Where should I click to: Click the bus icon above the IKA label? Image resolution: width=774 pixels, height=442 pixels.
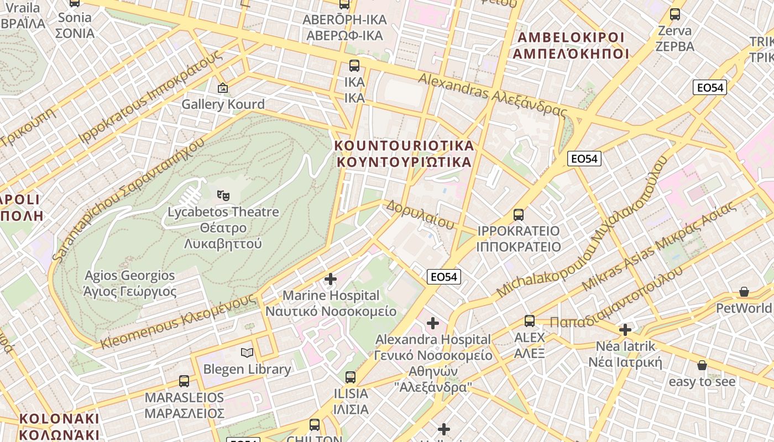click(354, 66)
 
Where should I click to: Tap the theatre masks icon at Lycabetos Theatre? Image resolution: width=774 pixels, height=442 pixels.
click(223, 194)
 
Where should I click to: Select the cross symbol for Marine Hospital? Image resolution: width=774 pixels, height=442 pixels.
click(331, 279)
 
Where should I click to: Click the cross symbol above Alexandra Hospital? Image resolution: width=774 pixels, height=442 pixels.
click(433, 323)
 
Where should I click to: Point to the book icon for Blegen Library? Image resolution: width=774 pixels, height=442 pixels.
click(247, 352)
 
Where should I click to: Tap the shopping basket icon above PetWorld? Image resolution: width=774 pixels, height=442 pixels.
click(744, 292)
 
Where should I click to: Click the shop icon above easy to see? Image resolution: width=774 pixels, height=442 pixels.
click(702, 365)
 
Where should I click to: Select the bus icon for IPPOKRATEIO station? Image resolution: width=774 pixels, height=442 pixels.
click(519, 214)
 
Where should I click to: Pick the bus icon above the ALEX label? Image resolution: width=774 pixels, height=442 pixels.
click(530, 320)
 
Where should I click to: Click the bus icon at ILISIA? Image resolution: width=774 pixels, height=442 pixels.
click(351, 377)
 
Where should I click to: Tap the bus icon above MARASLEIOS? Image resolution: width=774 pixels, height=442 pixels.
click(184, 381)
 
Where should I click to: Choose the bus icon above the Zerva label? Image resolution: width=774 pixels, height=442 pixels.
click(675, 14)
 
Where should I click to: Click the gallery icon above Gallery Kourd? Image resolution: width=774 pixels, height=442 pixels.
click(223, 87)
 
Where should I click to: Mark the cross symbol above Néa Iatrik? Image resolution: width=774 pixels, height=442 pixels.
click(625, 330)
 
